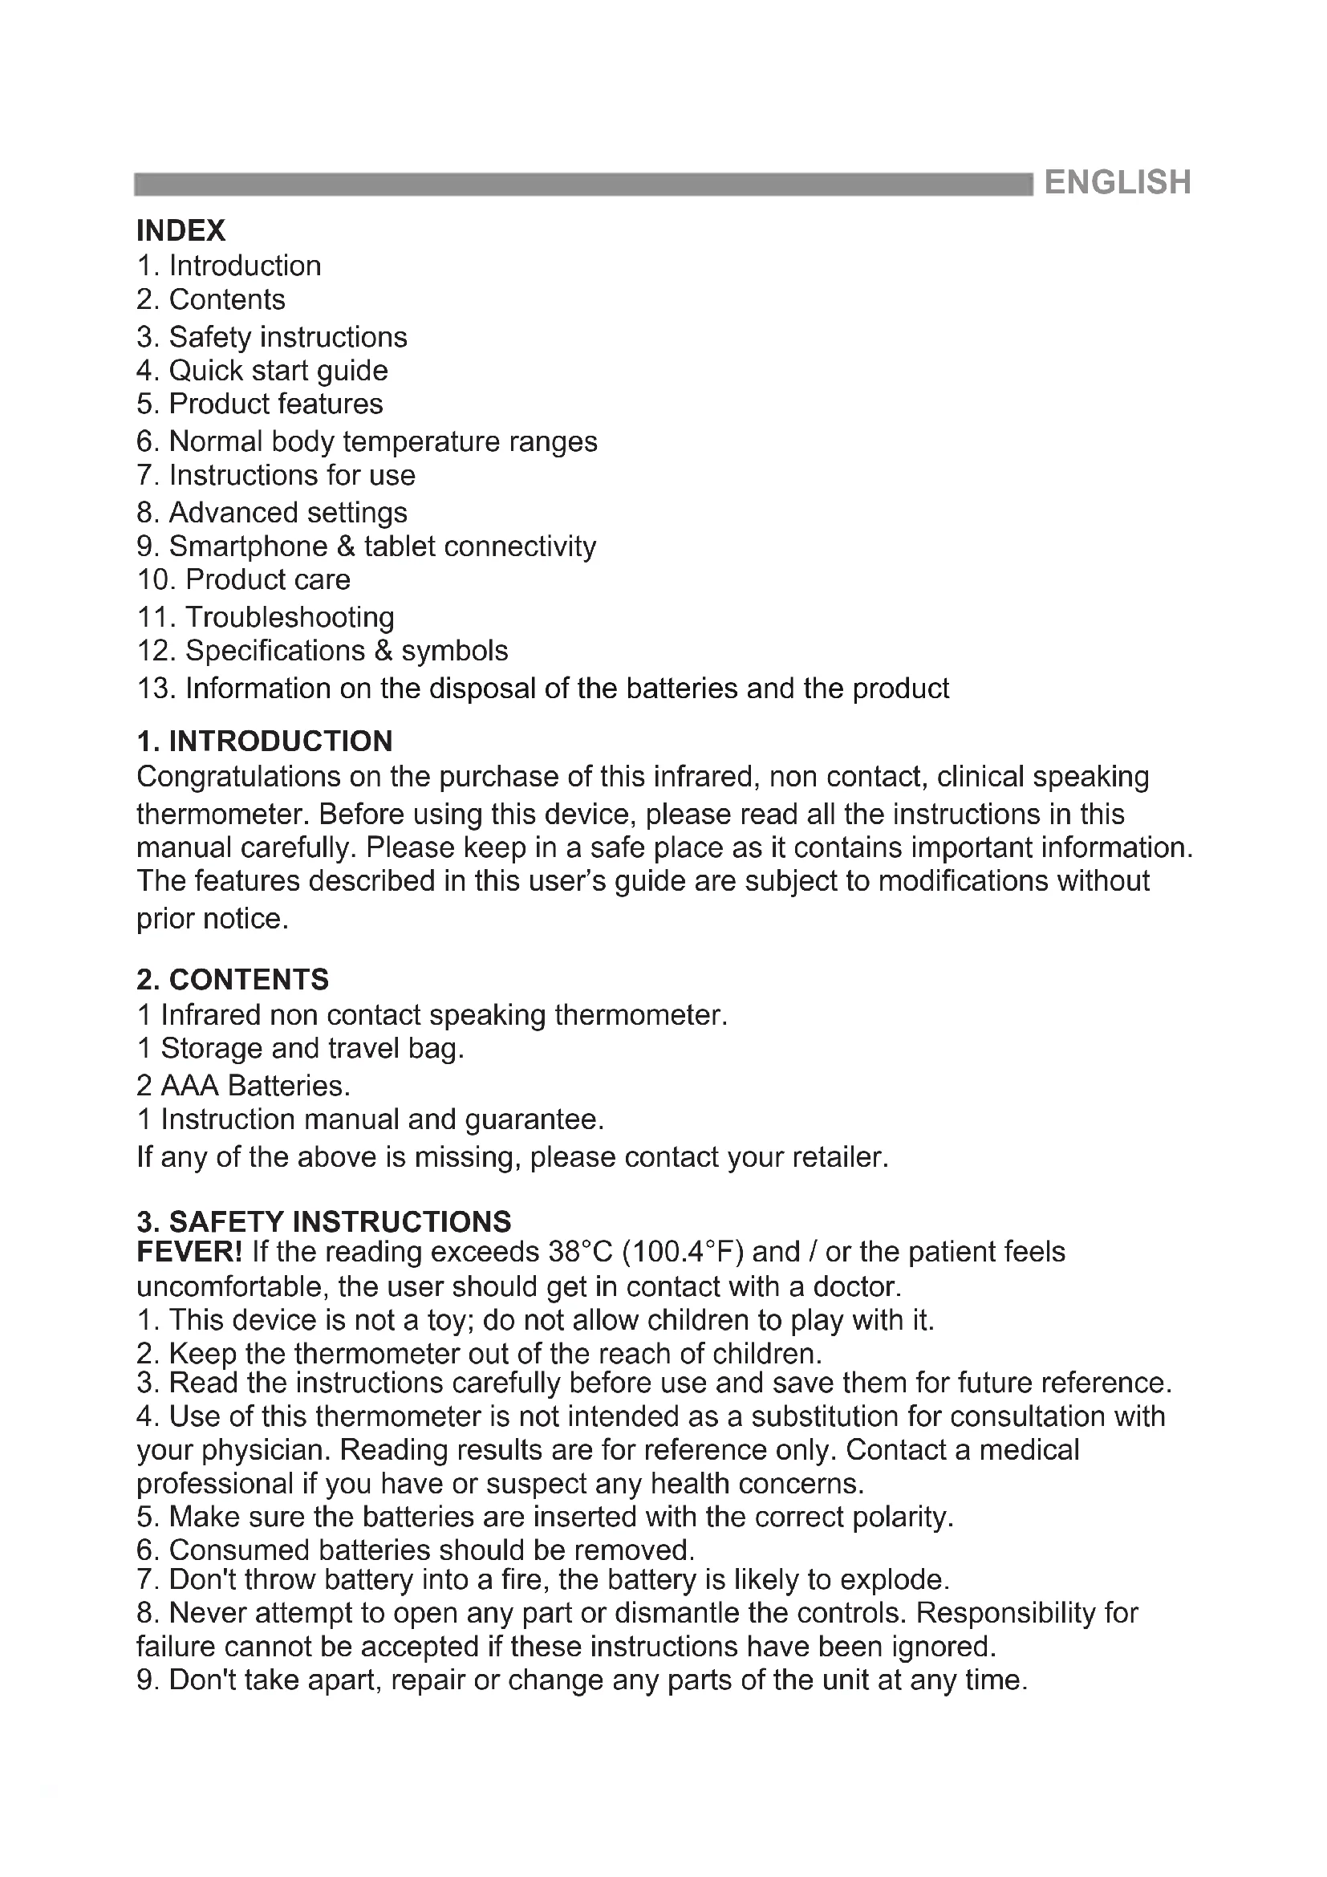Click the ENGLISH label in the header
[1117, 182]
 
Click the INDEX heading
[181, 230]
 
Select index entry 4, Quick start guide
[262, 370]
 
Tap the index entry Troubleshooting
[266, 616]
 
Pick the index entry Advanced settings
[272, 513]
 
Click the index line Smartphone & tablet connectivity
[366, 546]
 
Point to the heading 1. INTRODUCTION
[265, 741]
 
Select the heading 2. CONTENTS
[233, 978]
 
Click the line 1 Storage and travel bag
[300, 1048]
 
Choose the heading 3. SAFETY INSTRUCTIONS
[323, 1221]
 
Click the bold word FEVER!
[189, 1252]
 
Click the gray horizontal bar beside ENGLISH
[583, 184]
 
